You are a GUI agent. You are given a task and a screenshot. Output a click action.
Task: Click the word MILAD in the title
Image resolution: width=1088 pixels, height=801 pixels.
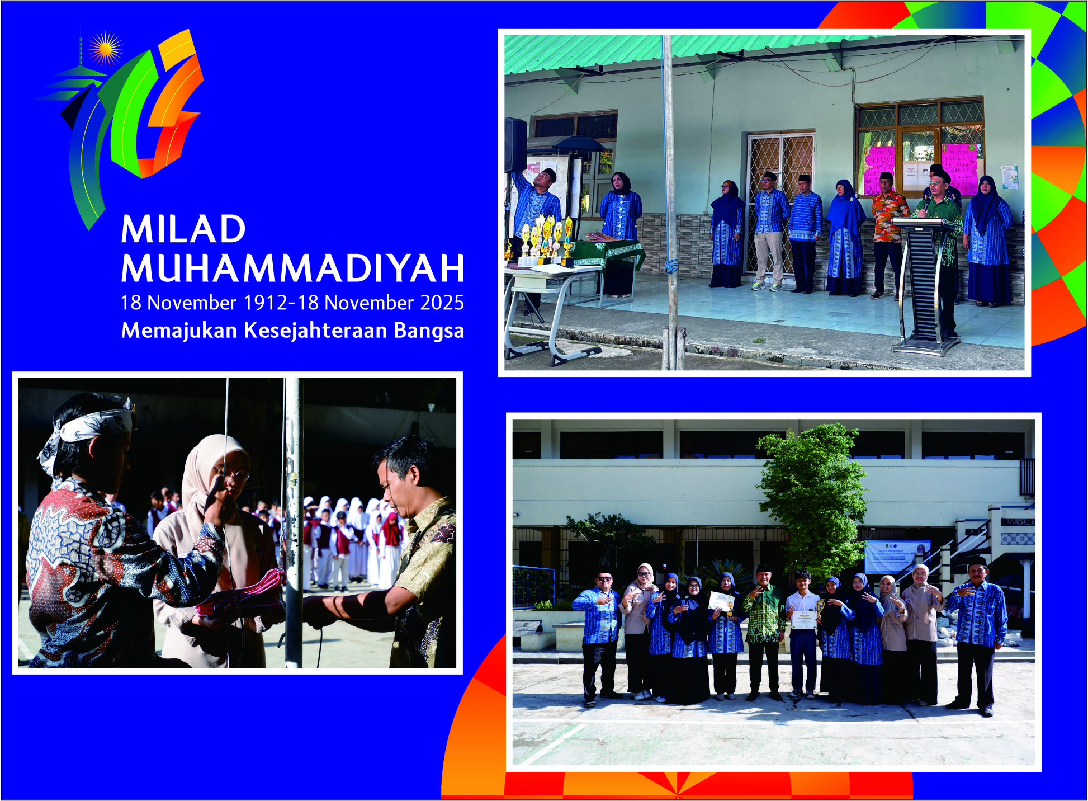pyautogui.click(x=183, y=229)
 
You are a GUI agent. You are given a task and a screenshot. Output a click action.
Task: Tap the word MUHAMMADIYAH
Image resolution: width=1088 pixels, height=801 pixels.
pyautogui.click(x=292, y=268)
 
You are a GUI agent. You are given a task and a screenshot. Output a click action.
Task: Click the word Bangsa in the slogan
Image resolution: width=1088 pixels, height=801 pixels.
pyautogui.click(x=429, y=331)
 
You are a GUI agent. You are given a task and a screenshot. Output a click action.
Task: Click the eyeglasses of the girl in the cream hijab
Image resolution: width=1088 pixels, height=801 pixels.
pyautogui.click(x=232, y=475)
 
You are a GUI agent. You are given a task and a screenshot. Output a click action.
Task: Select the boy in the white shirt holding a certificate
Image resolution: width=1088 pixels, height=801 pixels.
pyautogui.click(x=803, y=632)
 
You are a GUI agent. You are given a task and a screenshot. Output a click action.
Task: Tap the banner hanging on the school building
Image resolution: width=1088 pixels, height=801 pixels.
pyautogui.click(x=897, y=556)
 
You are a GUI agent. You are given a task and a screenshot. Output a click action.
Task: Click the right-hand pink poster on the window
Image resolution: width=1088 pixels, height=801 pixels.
pyautogui.click(x=959, y=168)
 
